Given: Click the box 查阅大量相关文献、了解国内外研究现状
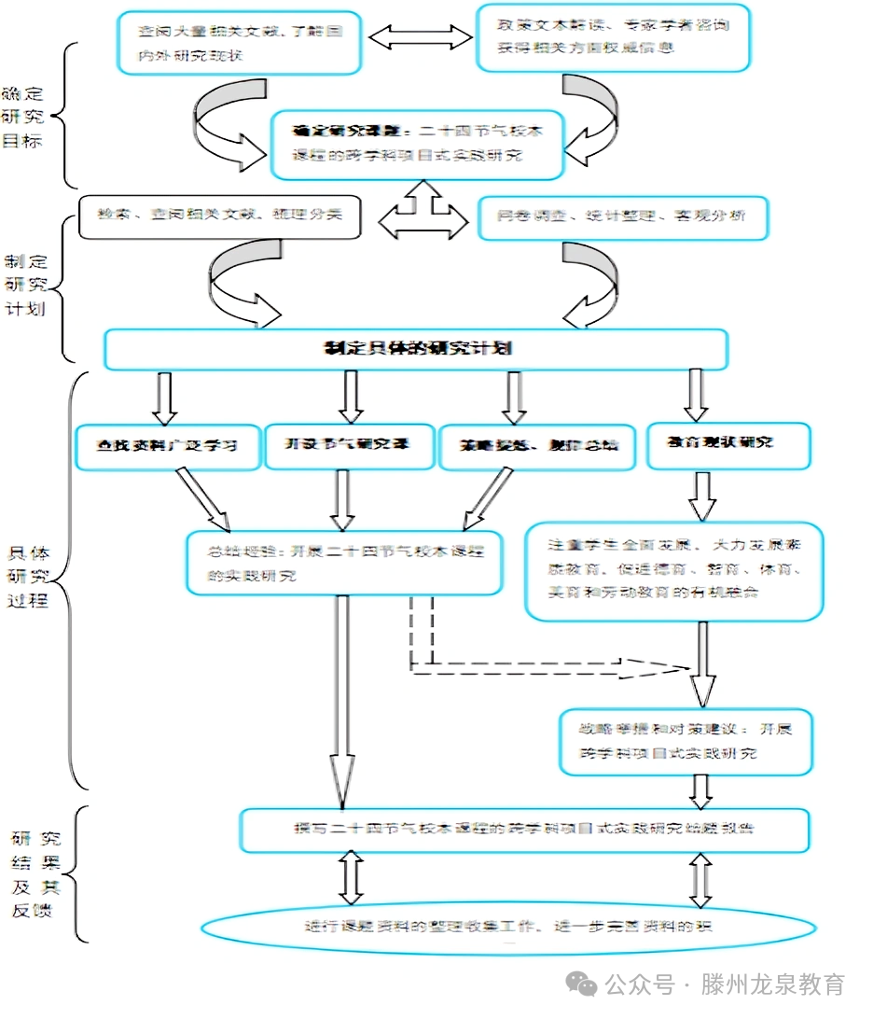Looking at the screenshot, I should pyautogui.click(x=240, y=42).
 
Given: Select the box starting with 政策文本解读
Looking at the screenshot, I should pyautogui.click(x=613, y=37).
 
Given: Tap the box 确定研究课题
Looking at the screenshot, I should pyautogui.click(x=418, y=144).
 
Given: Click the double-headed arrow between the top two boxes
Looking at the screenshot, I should pyautogui.click(x=421, y=36).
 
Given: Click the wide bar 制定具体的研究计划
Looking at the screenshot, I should pyautogui.click(x=416, y=349).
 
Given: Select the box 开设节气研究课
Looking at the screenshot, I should pyautogui.click(x=349, y=443).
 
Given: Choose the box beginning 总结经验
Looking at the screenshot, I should pyautogui.click(x=344, y=563).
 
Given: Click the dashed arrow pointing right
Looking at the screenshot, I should pyautogui.click(x=550, y=666).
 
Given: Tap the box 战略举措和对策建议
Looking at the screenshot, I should pyautogui.click(x=686, y=741).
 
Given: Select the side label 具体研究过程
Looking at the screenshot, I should pyautogui.click(x=35, y=577).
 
